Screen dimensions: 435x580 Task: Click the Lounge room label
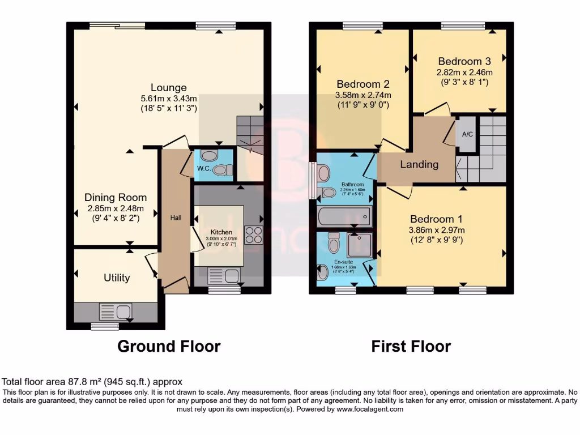pyautogui.click(x=168, y=88)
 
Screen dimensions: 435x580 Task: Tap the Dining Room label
pyautogui.click(x=116, y=198)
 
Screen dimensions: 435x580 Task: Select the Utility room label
pyautogui.click(x=117, y=278)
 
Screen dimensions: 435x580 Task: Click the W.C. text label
pyautogui.click(x=204, y=169)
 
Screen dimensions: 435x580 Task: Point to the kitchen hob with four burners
pyautogui.click(x=253, y=234)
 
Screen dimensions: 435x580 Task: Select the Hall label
pyautogui.click(x=176, y=217)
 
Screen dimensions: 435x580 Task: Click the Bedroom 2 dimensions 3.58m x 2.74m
pyautogui.click(x=363, y=95)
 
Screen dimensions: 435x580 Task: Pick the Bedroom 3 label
pyautogui.click(x=464, y=61)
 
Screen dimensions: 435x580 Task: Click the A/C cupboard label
pyautogui.click(x=467, y=135)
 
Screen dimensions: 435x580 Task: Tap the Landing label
pyautogui.click(x=419, y=165)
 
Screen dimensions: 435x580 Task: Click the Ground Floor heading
pyautogui.click(x=169, y=346)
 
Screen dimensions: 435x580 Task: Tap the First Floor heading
pyautogui.click(x=411, y=346)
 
